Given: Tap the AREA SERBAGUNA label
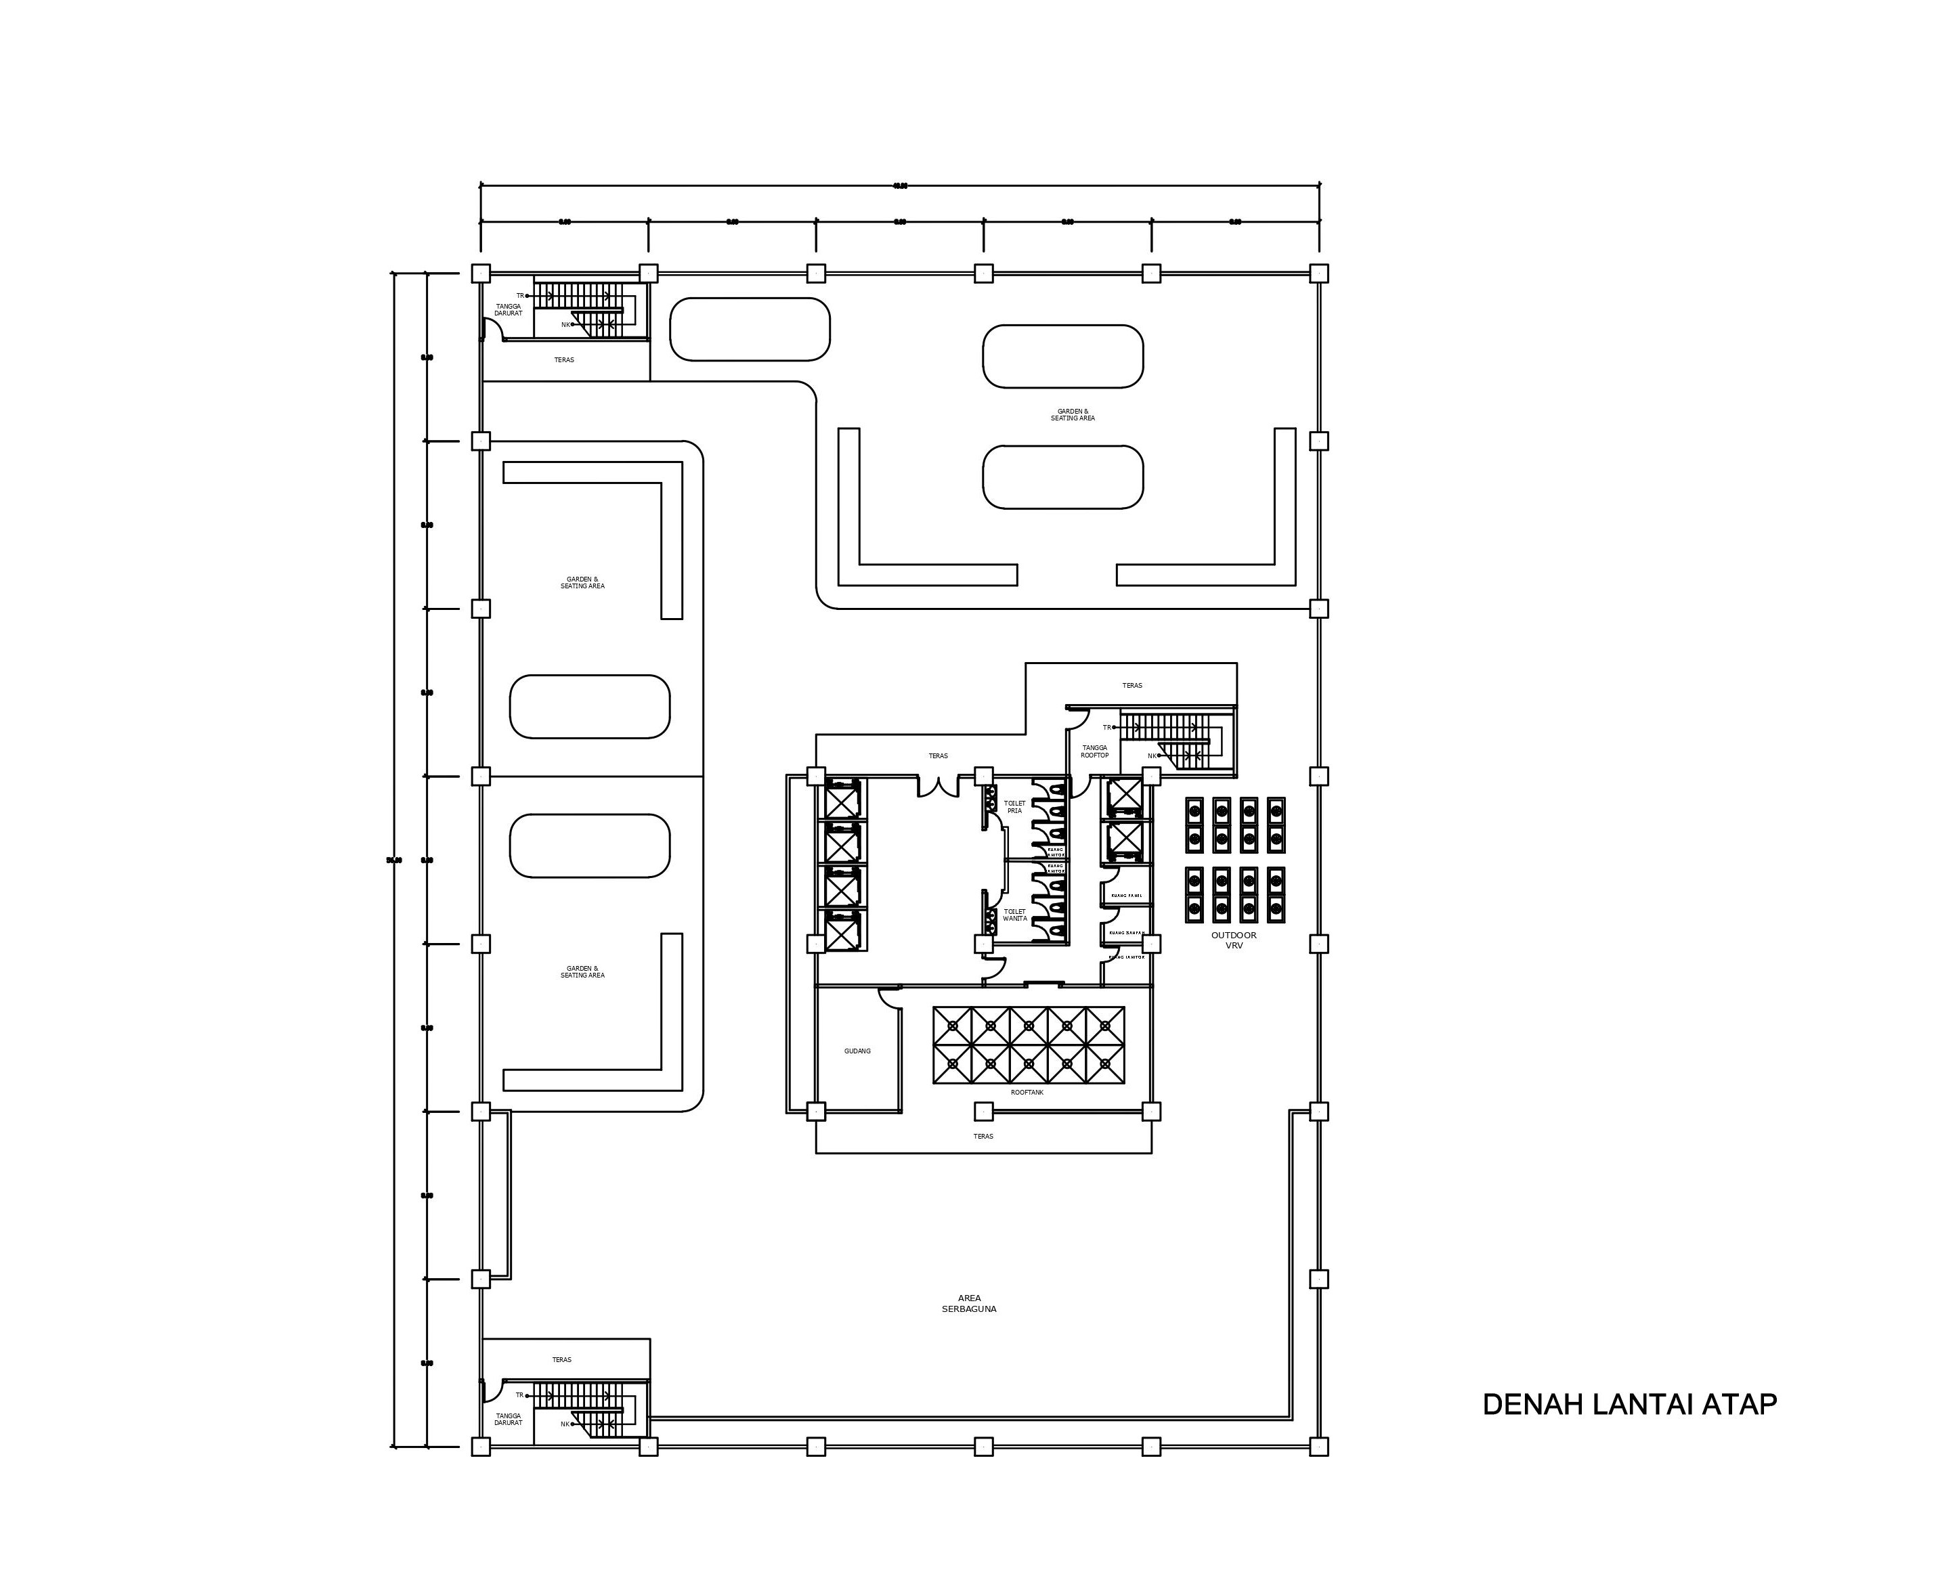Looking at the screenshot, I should (969, 1303).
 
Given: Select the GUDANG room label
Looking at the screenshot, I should (857, 1051).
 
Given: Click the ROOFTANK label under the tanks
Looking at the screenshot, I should (1027, 1092).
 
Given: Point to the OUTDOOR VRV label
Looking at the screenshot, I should (1234, 940).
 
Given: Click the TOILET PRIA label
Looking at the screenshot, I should (1014, 806).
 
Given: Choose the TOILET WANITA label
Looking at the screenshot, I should (1014, 915).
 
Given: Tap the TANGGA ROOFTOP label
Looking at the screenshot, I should (1094, 751).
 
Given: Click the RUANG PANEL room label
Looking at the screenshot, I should (1125, 896).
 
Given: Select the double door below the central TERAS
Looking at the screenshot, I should (938, 786).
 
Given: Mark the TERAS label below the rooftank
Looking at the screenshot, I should (983, 1136).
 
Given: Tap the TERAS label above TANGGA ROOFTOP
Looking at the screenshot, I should (1132, 685).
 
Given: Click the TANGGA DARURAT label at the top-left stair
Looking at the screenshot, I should (508, 310).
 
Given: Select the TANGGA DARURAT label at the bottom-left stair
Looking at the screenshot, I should (508, 1419).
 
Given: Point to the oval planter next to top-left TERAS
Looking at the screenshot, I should (749, 329).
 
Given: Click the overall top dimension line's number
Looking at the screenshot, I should (900, 185).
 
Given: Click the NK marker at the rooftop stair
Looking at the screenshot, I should (1153, 755).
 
